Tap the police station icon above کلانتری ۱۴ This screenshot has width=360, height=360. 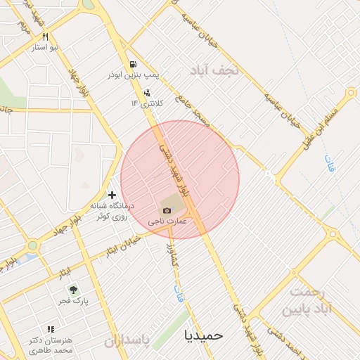pos(146,93)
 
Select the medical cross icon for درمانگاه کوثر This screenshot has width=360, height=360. pos(112,194)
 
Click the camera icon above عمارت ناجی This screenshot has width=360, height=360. pos(167,210)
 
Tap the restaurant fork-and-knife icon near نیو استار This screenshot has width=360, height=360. pos(46,37)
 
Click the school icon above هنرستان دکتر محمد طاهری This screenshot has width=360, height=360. pos(50,328)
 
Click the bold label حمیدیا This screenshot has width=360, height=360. pos(203,335)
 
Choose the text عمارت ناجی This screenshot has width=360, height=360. pos(167,221)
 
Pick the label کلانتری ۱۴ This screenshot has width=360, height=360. pos(146,103)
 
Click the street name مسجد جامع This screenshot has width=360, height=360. pos(193,110)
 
